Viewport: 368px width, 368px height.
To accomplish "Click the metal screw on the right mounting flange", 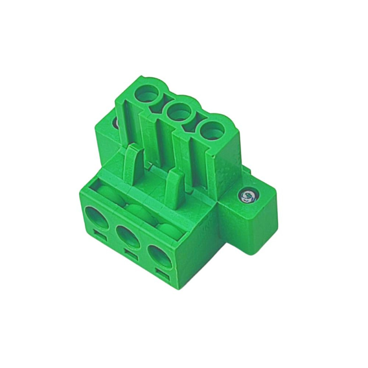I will (x=248, y=196).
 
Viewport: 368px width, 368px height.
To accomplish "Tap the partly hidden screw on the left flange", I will (x=115, y=123).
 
